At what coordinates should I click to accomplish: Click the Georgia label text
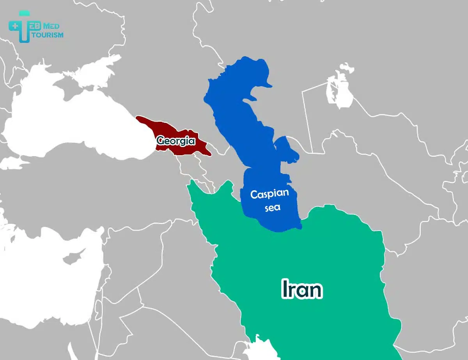click(x=175, y=140)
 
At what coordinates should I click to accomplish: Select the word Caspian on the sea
click(x=269, y=194)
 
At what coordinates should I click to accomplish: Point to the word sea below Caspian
click(x=272, y=207)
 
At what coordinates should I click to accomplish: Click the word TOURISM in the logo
click(x=48, y=35)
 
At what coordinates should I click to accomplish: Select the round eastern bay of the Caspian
click(x=287, y=150)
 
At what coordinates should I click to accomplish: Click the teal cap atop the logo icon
click(x=25, y=14)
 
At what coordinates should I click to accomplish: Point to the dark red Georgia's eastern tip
click(x=209, y=153)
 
